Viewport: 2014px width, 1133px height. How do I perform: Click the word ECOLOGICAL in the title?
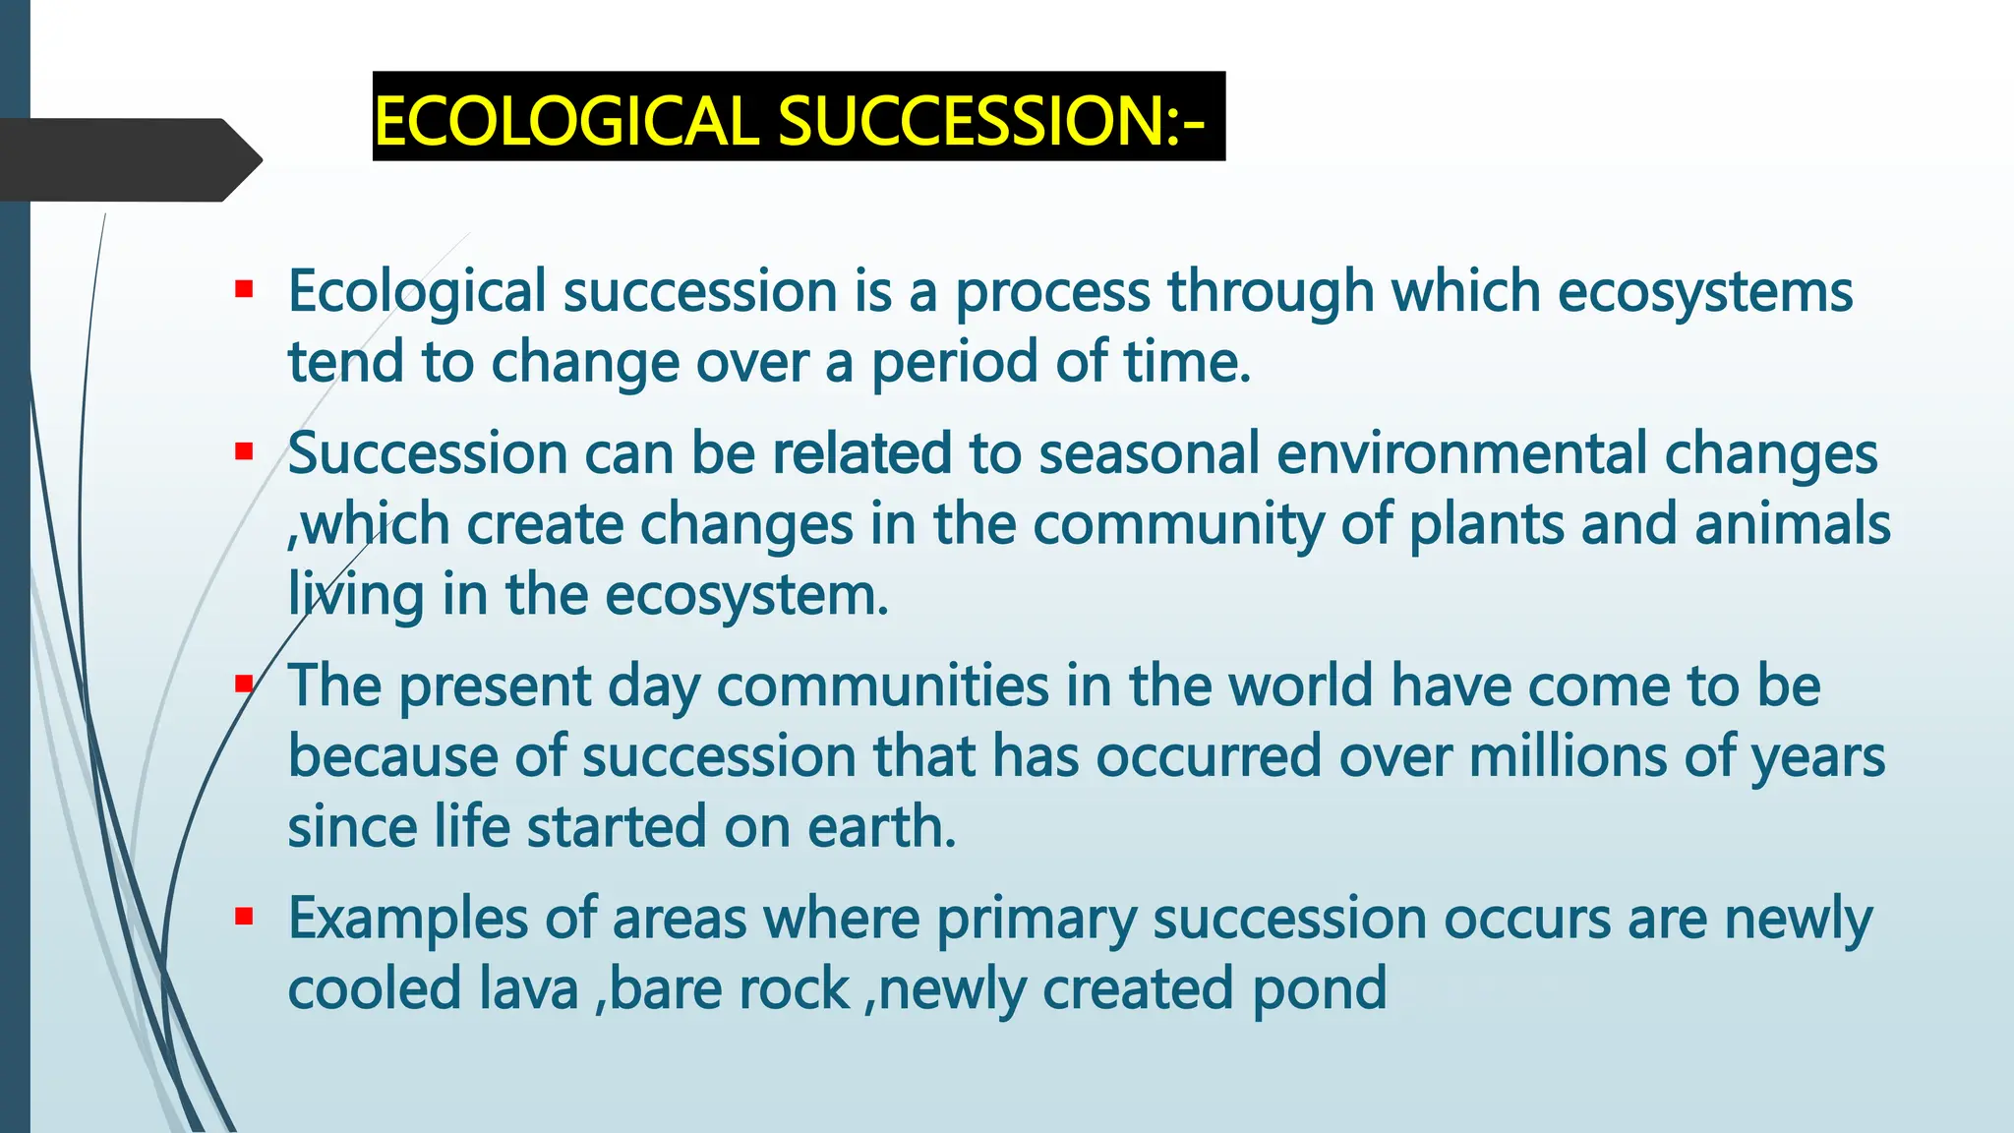564,122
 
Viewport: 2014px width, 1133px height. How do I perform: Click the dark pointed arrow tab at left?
128,159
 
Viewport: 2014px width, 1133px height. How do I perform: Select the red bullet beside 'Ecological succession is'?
244,290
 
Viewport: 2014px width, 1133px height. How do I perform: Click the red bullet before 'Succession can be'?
244,452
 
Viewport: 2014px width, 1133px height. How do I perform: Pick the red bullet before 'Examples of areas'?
244,918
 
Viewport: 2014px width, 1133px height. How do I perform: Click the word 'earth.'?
881,828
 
